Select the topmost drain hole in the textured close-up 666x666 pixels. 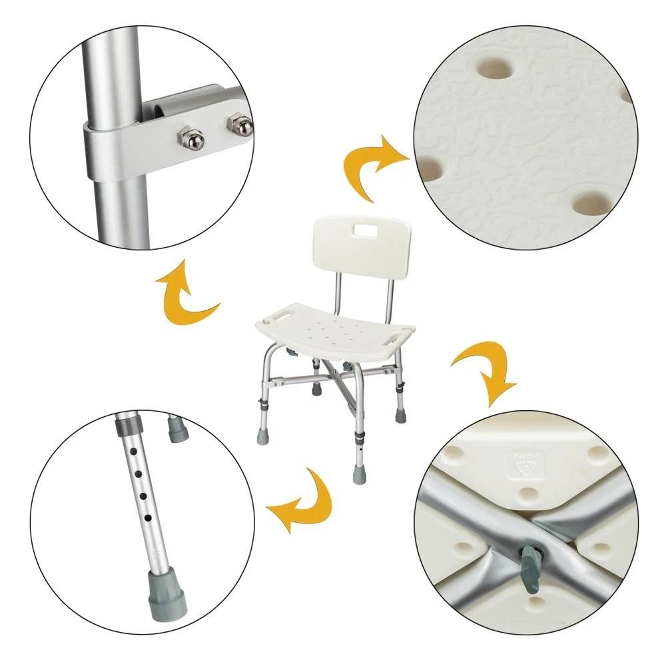click(494, 67)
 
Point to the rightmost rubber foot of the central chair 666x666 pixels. click(401, 416)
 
